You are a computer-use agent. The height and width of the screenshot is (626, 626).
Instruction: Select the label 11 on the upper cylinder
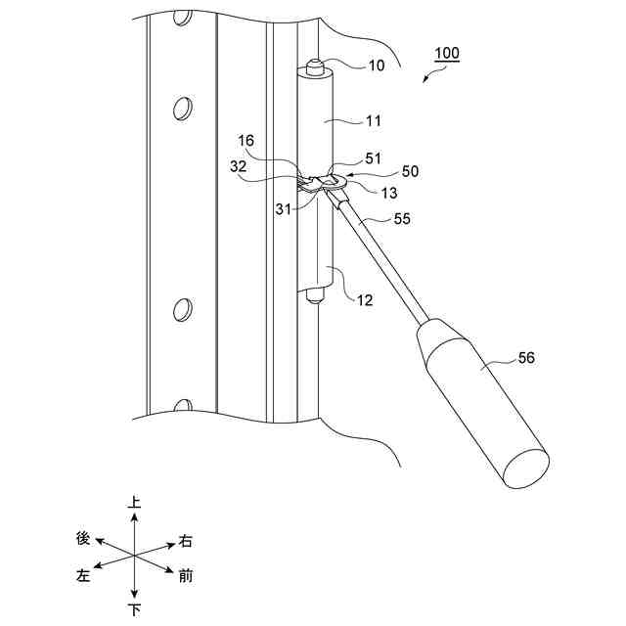click(374, 122)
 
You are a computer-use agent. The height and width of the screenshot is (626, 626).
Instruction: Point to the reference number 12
click(363, 300)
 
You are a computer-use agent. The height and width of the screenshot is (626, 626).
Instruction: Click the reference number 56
click(525, 358)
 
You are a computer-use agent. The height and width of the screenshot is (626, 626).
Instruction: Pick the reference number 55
click(403, 220)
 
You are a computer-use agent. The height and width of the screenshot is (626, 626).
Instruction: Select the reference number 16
click(246, 141)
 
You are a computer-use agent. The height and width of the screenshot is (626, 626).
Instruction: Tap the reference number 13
click(362, 192)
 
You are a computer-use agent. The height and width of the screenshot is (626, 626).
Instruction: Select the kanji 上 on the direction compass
click(134, 503)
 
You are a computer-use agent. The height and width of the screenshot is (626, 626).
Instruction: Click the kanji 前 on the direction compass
click(185, 575)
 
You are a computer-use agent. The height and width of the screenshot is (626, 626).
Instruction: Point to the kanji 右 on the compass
click(185, 540)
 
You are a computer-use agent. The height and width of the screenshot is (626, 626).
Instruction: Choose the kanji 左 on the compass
click(83, 576)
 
